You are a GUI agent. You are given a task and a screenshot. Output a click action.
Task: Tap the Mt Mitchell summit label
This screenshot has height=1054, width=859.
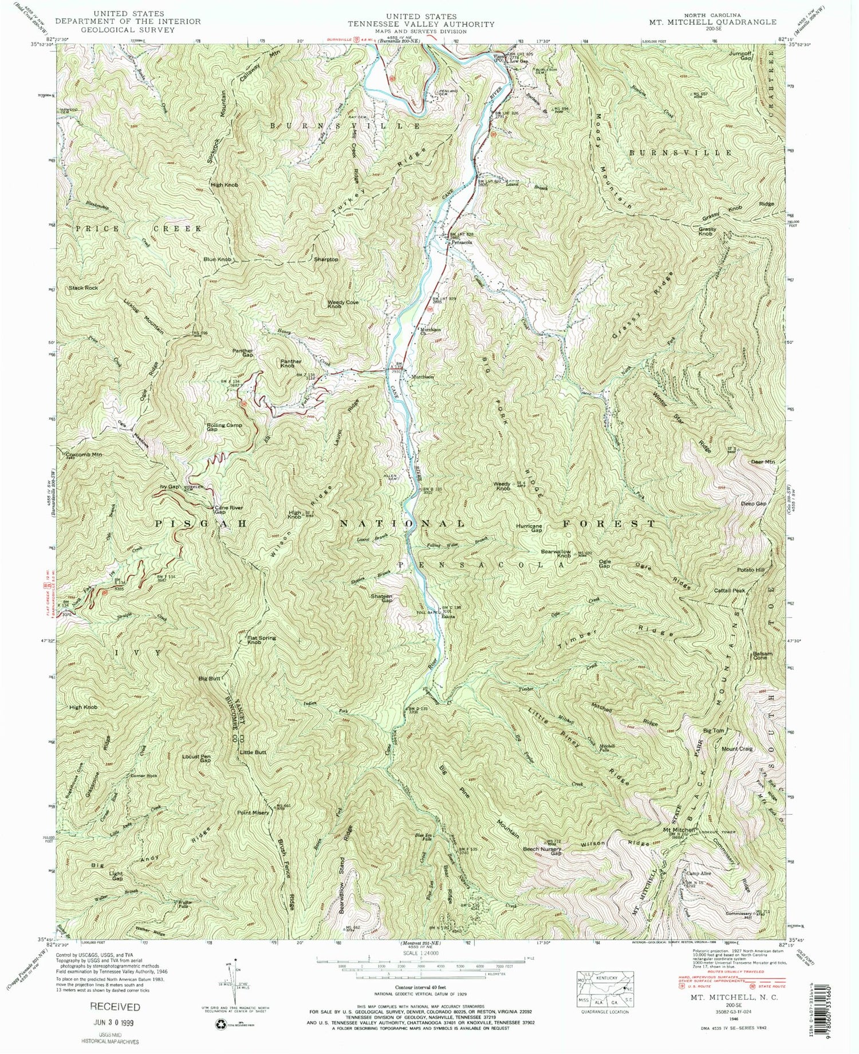point(679,829)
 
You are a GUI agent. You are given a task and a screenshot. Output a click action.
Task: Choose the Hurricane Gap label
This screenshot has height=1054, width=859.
point(529,528)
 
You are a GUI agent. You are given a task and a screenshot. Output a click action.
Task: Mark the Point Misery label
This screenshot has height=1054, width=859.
point(253,812)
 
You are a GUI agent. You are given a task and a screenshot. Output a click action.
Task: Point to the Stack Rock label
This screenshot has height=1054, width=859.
point(84,288)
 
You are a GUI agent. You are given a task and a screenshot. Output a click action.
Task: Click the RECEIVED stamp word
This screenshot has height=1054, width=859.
point(113,1006)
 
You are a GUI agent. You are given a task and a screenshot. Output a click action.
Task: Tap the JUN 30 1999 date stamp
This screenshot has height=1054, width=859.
point(114,1022)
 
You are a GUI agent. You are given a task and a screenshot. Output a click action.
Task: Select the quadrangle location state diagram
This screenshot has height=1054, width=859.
point(605,988)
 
